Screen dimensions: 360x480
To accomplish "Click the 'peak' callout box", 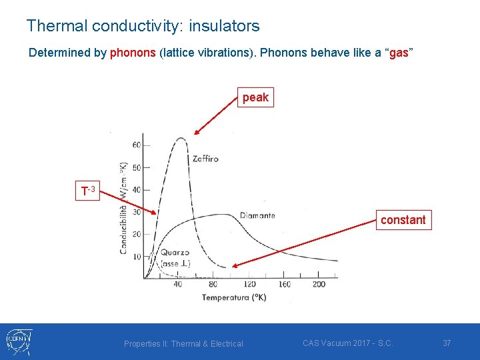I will pyautogui.click(x=255, y=97).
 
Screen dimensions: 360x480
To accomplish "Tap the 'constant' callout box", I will pyautogui.click(x=403, y=220).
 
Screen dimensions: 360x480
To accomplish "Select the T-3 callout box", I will pyautogui.click(x=88, y=191).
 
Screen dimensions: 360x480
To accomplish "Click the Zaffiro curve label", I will pyautogui.click(x=205, y=159).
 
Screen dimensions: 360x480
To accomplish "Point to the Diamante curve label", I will pyautogui.click(x=257, y=215).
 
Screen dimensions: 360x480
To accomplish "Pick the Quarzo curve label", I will pyautogui.click(x=174, y=253).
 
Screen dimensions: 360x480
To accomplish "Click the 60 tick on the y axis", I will pyautogui.click(x=137, y=145).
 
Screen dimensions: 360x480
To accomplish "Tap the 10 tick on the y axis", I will pyautogui.click(x=137, y=256).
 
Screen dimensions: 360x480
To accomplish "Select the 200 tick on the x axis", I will pyautogui.click(x=319, y=285).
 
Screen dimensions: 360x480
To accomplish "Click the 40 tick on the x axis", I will pyautogui.click(x=178, y=285).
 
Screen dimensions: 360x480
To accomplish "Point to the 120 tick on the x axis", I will pyautogui.click(x=249, y=285).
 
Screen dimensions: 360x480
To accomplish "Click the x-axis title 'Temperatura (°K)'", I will pyautogui.click(x=234, y=297).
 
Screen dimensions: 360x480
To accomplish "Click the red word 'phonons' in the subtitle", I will pyautogui.click(x=133, y=53).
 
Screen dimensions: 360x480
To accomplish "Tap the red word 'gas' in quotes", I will pyautogui.click(x=398, y=53).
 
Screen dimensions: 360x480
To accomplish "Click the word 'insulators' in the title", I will pyautogui.click(x=224, y=26).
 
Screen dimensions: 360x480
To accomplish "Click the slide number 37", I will pyautogui.click(x=447, y=343).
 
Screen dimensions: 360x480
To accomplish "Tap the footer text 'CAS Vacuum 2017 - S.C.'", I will pyautogui.click(x=347, y=343).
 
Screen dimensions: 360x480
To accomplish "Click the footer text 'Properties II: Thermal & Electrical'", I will pyautogui.click(x=183, y=343).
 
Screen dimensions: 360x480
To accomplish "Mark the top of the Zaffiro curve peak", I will pyautogui.click(x=181, y=138).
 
